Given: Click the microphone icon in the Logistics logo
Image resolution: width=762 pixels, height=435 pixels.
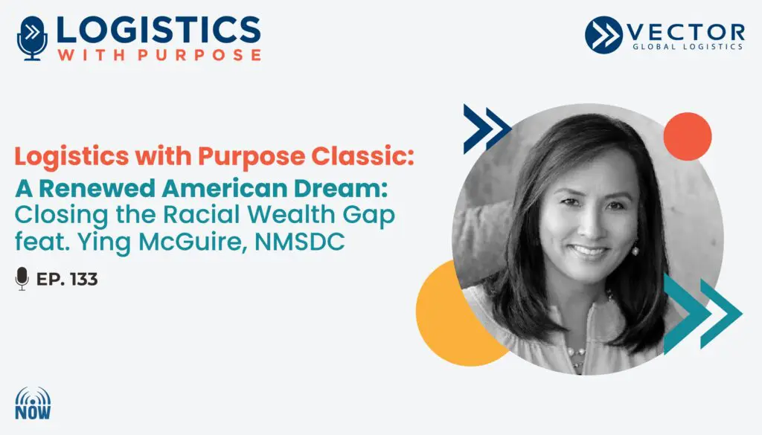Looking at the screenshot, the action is pyautogui.click(x=32, y=39).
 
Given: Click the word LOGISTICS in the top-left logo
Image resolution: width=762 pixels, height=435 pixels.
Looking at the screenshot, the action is pyautogui.click(x=159, y=30).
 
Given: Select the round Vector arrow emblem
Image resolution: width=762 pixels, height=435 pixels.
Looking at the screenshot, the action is pyautogui.click(x=603, y=34).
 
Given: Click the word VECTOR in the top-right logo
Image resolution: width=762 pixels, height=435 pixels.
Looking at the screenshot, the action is pyautogui.click(x=685, y=33).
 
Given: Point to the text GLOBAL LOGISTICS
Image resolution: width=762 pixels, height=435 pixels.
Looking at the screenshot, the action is pyautogui.click(x=687, y=47).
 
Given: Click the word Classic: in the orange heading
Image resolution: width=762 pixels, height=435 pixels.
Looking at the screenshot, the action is pyautogui.click(x=362, y=156).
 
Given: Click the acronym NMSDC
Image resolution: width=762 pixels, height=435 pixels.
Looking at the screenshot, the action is pyautogui.click(x=300, y=241).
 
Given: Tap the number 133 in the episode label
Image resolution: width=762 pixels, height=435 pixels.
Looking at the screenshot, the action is pyautogui.click(x=84, y=279).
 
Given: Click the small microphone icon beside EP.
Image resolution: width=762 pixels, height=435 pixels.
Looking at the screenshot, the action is pyautogui.click(x=22, y=279).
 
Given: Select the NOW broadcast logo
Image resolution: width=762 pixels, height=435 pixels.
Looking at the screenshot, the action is pyautogui.click(x=33, y=403).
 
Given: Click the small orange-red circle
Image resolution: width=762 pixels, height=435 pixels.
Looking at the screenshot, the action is pyautogui.click(x=687, y=136).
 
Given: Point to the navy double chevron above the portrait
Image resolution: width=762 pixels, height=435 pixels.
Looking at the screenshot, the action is pyautogui.click(x=487, y=129).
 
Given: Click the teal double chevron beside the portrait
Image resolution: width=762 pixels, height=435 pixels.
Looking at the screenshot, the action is pyautogui.click(x=702, y=313).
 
